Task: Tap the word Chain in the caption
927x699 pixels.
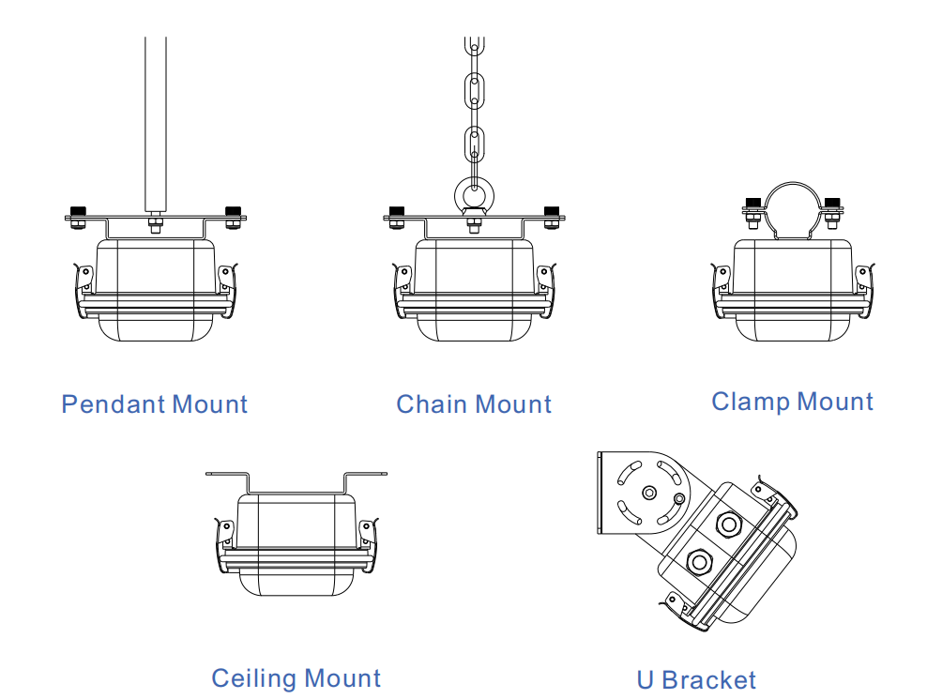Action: (x=431, y=405)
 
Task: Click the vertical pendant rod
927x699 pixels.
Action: (x=156, y=122)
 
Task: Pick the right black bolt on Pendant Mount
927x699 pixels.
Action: (x=233, y=211)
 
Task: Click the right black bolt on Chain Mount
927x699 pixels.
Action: (x=552, y=211)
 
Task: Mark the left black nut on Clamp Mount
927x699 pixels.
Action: (x=752, y=202)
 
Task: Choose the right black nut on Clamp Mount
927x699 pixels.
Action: (x=831, y=202)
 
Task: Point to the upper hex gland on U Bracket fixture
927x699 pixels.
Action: (x=729, y=521)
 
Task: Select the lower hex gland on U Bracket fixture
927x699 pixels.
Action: (x=698, y=562)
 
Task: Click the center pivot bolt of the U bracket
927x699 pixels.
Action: (x=648, y=493)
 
